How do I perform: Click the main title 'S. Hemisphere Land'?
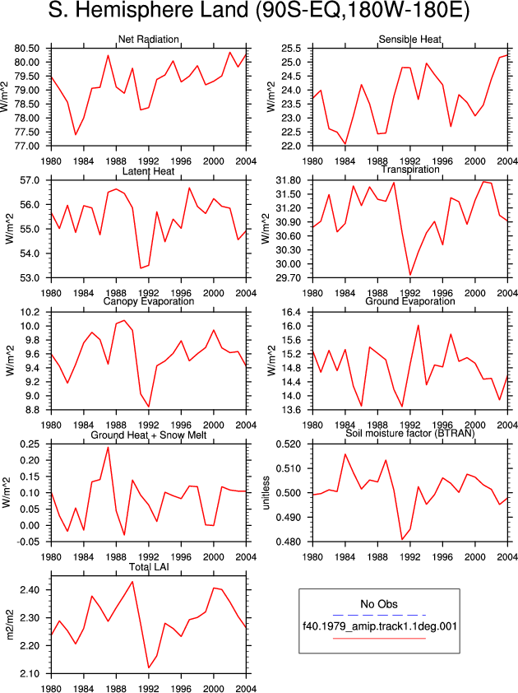(148, 11)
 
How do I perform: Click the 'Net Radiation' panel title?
(148, 40)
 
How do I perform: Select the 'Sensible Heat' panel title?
(409, 40)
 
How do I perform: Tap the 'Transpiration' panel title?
(410, 170)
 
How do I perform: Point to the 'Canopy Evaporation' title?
(148, 301)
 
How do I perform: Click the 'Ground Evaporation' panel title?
(409, 301)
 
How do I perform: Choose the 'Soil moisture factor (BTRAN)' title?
(409, 433)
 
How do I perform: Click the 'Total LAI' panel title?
(149, 566)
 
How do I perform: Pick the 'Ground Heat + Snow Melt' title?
(148, 435)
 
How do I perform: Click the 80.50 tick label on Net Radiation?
(27, 49)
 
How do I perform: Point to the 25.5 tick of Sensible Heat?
(292, 49)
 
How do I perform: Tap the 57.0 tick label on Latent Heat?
(30, 180)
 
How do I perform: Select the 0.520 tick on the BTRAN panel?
(289, 444)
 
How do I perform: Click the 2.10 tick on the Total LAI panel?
(30, 674)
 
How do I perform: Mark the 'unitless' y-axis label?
(266, 493)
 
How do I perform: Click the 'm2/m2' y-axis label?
(9, 625)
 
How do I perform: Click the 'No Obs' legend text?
(379, 604)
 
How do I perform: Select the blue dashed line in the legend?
(379, 615)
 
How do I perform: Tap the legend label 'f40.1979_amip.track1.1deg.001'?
(379, 626)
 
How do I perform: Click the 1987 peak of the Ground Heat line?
(109, 447)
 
